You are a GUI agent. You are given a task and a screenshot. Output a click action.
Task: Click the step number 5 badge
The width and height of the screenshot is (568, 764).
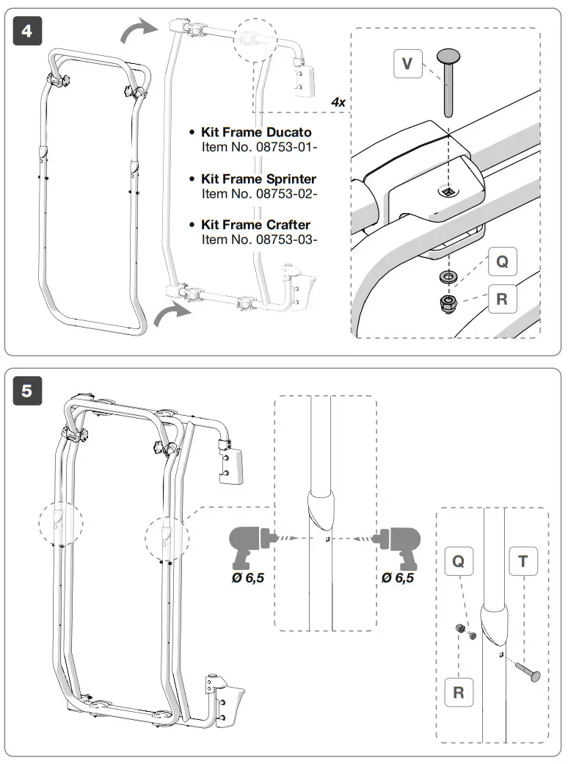26,391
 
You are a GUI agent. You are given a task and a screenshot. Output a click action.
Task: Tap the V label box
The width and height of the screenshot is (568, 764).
408,65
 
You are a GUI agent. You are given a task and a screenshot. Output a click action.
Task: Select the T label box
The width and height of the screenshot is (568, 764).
523,562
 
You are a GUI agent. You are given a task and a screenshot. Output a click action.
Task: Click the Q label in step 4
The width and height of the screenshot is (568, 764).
502,261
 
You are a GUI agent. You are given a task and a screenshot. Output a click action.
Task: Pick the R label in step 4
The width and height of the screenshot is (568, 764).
502,300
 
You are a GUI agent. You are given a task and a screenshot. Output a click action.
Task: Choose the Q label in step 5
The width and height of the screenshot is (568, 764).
458,562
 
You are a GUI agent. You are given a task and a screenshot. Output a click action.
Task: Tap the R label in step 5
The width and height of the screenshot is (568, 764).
458,692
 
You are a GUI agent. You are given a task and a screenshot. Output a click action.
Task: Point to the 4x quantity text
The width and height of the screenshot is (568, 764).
338,102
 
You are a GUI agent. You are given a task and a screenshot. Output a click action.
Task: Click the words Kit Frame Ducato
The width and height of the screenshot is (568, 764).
256,132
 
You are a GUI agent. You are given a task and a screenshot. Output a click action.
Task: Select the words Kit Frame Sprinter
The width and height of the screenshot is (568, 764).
258,179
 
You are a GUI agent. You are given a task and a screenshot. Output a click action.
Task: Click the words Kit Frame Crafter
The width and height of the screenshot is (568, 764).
255,225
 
